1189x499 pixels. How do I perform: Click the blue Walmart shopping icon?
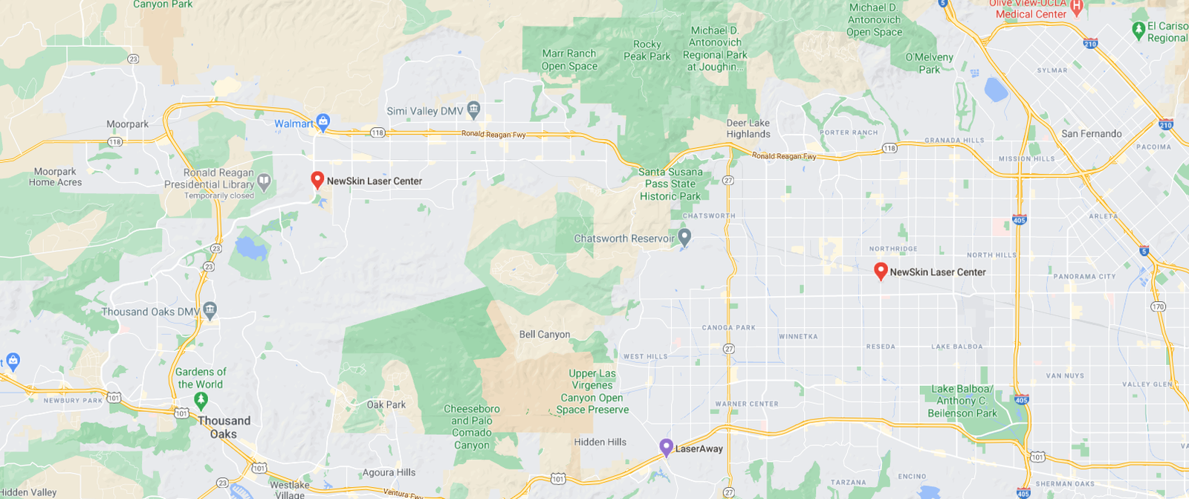(x=323, y=121)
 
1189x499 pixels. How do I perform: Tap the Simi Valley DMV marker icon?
(x=474, y=110)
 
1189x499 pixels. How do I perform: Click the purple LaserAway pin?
(x=667, y=447)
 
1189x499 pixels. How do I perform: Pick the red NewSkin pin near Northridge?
(x=881, y=271)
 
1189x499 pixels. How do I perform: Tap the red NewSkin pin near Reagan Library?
(x=317, y=179)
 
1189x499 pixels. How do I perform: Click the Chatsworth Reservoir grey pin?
(x=684, y=237)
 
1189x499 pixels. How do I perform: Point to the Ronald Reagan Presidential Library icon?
(x=264, y=181)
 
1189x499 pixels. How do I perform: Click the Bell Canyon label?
(x=545, y=335)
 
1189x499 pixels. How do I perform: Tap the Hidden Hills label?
(x=600, y=442)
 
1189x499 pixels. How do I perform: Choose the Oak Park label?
(x=386, y=405)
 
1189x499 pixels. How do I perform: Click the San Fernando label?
(x=1091, y=134)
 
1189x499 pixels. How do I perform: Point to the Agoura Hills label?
(x=389, y=472)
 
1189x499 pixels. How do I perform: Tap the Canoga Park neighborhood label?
(x=728, y=327)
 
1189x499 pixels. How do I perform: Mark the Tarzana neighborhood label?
(x=848, y=483)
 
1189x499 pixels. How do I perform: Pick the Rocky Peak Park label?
(x=647, y=51)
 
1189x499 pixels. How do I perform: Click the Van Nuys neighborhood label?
(x=1065, y=376)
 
